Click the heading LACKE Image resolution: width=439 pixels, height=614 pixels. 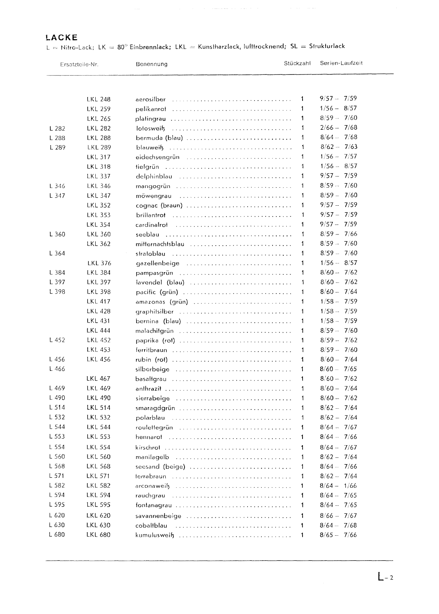[62, 37]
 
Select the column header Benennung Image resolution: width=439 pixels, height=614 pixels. [151, 64]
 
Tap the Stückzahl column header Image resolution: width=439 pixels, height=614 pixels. [297, 63]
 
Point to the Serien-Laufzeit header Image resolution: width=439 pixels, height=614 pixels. [341, 63]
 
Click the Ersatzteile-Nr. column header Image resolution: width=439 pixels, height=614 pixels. [79, 64]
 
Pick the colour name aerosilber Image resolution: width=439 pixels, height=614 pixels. [150, 99]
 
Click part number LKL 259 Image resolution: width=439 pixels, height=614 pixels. [98, 109]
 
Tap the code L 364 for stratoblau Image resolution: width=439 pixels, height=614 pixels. [57, 253]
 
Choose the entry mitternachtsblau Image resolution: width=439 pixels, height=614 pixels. [160, 244]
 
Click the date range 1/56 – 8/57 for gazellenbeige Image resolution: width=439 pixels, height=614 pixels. [338, 263]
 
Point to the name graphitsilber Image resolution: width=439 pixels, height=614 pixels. [155, 312]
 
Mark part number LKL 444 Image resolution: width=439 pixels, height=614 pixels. [98, 330]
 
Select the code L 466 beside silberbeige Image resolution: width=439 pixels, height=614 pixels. [57, 369]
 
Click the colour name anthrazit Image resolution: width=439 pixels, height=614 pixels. [148, 388]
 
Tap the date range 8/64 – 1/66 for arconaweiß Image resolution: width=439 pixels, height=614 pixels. [338, 485]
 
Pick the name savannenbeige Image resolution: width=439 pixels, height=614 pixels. [158, 516]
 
